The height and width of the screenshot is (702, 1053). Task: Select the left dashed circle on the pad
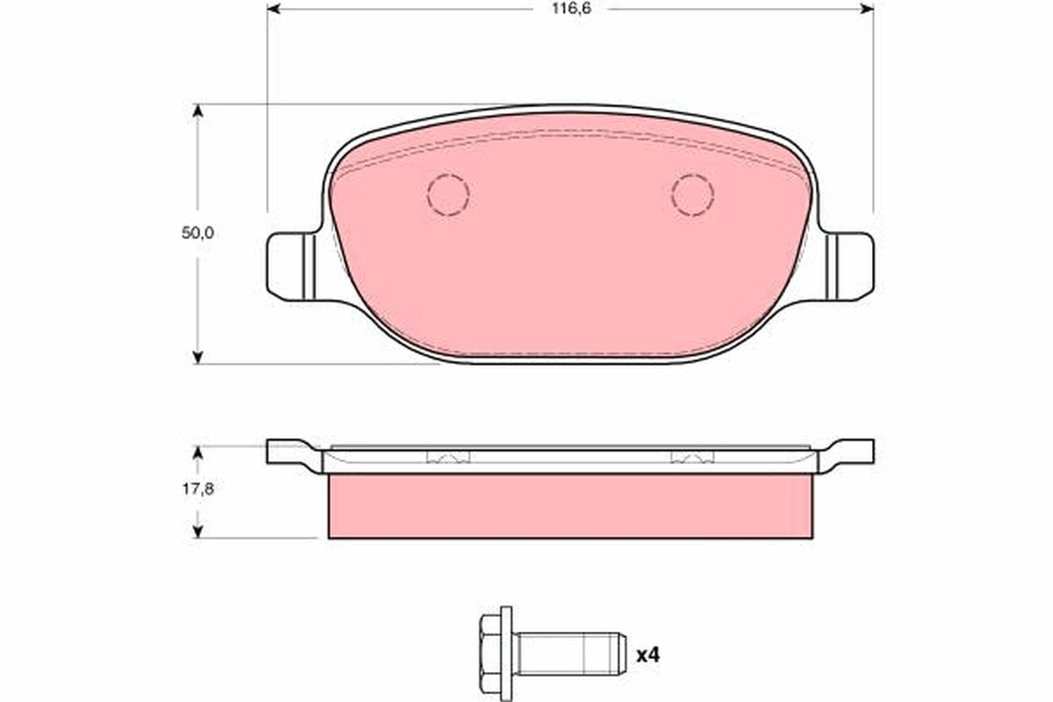pyautogui.click(x=448, y=194)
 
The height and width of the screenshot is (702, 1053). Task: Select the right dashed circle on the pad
pyautogui.click(x=692, y=194)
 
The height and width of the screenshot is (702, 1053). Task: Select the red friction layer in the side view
pyautogui.click(x=569, y=506)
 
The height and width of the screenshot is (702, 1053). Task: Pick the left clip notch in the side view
pyautogui.click(x=448, y=457)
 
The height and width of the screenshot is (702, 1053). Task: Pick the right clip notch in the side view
pyautogui.click(x=692, y=457)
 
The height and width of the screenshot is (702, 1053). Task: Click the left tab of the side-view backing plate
pyautogui.click(x=285, y=453)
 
